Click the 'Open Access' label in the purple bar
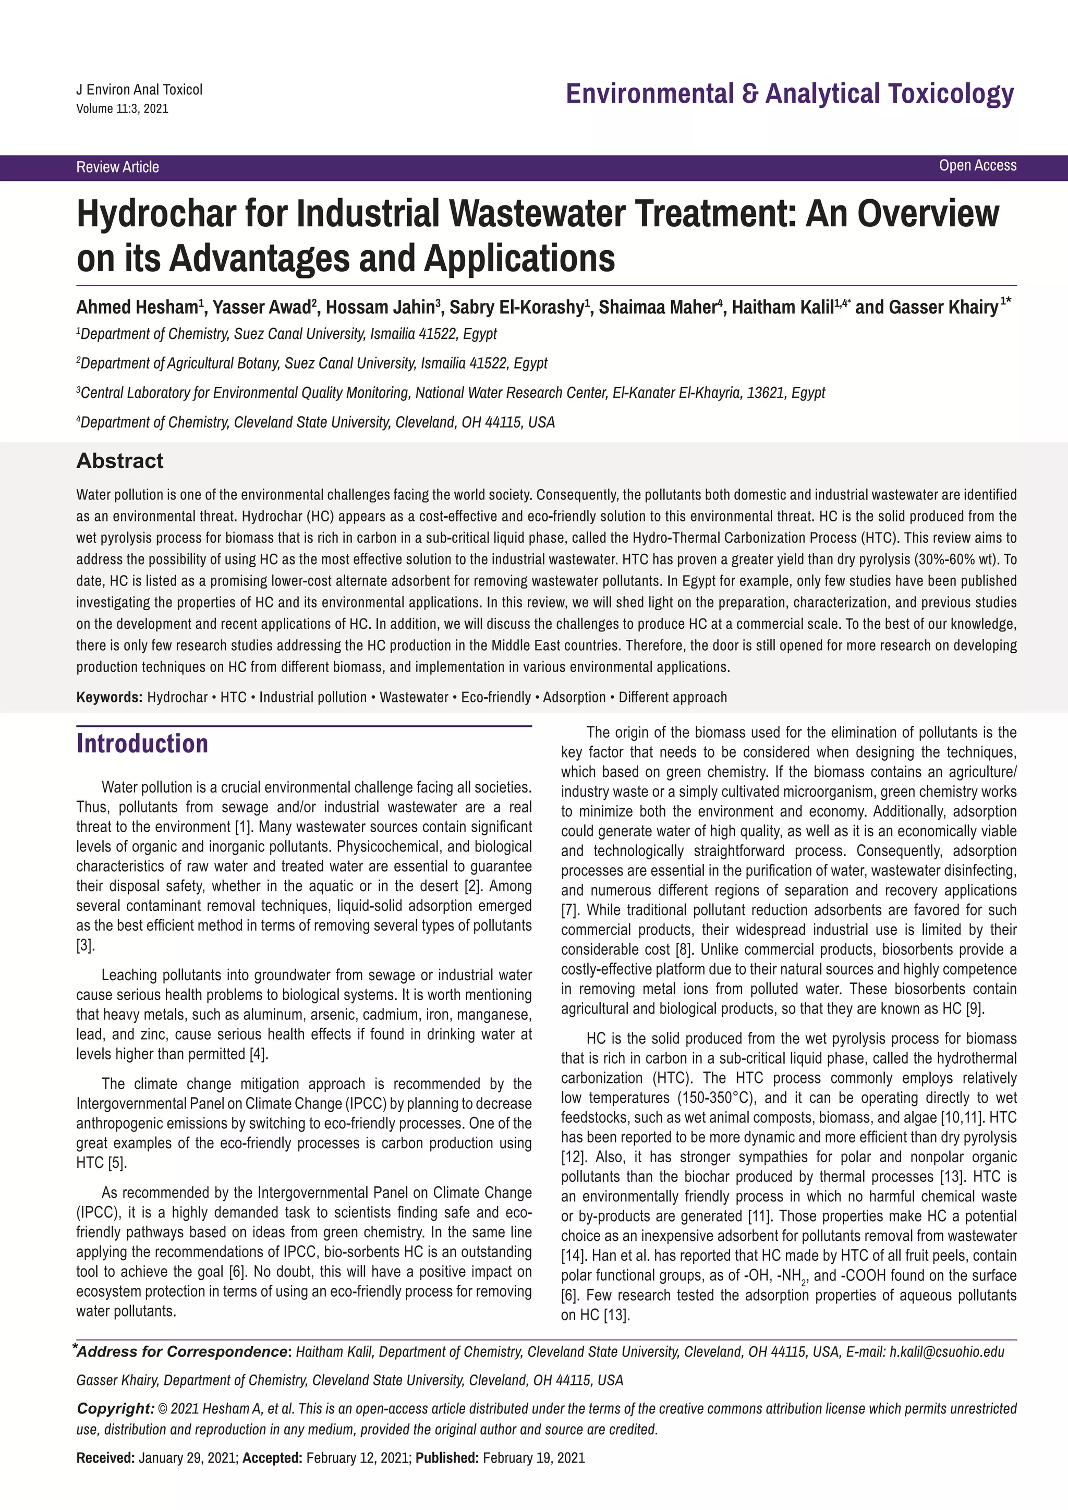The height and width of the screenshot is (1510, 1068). (977, 166)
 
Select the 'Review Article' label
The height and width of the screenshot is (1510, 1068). (118, 167)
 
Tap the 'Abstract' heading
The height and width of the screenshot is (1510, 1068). (120, 461)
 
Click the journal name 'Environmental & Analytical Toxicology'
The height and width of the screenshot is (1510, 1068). (790, 94)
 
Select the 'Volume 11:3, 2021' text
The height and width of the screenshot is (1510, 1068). (123, 108)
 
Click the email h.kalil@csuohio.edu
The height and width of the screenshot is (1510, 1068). (946, 1352)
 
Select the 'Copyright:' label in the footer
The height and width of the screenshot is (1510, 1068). (116, 1409)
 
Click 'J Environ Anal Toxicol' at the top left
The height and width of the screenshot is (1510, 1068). (139, 90)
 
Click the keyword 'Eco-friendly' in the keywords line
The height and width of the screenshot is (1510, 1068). (495, 697)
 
